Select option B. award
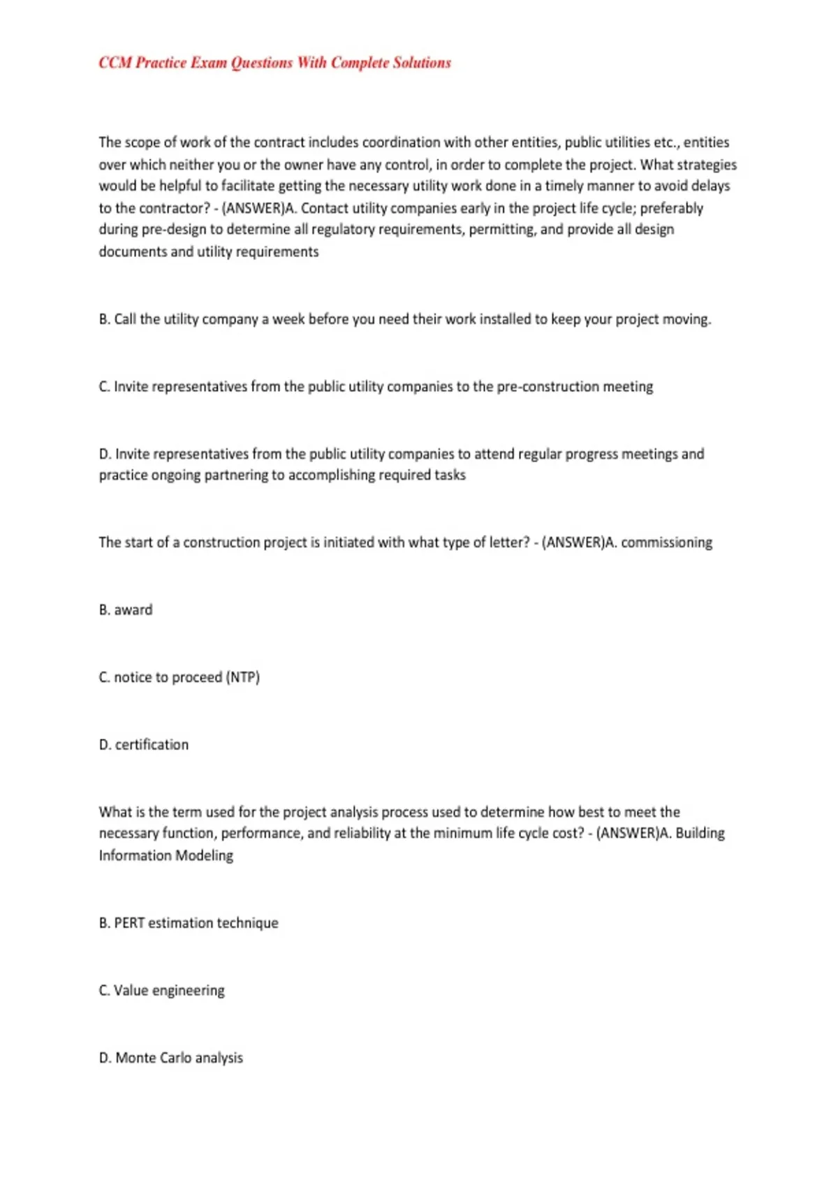tap(126, 610)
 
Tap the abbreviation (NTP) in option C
tap(243, 677)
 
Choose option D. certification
tap(144, 744)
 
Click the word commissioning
tap(666, 543)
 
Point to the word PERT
tap(129, 923)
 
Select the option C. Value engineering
tap(162, 990)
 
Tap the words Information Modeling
tap(166, 855)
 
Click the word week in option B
tap(288, 319)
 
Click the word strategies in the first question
tap(707, 165)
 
